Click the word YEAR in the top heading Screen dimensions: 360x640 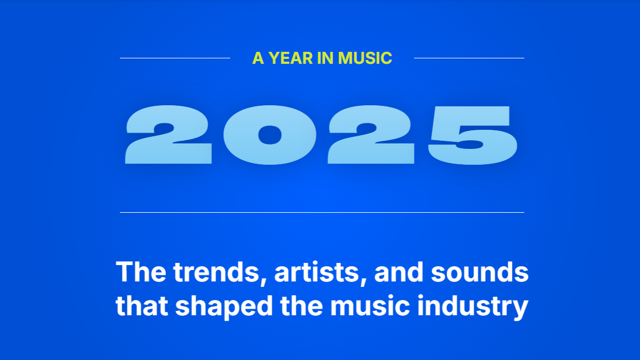click(291, 58)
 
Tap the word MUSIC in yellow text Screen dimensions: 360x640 click(365, 58)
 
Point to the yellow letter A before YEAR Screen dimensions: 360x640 click(258, 58)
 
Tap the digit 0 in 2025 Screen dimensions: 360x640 click(268, 135)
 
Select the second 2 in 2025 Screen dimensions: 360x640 click(372, 135)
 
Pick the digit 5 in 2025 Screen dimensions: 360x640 click(472, 135)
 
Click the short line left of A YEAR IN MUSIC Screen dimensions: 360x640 click(175, 58)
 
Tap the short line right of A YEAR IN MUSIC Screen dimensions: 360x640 click(469, 58)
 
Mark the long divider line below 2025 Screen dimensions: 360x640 click(322, 212)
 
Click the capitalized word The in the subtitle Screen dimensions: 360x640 click(140, 272)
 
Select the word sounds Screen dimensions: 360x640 click(480, 272)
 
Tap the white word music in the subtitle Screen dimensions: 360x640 click(370, 306)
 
